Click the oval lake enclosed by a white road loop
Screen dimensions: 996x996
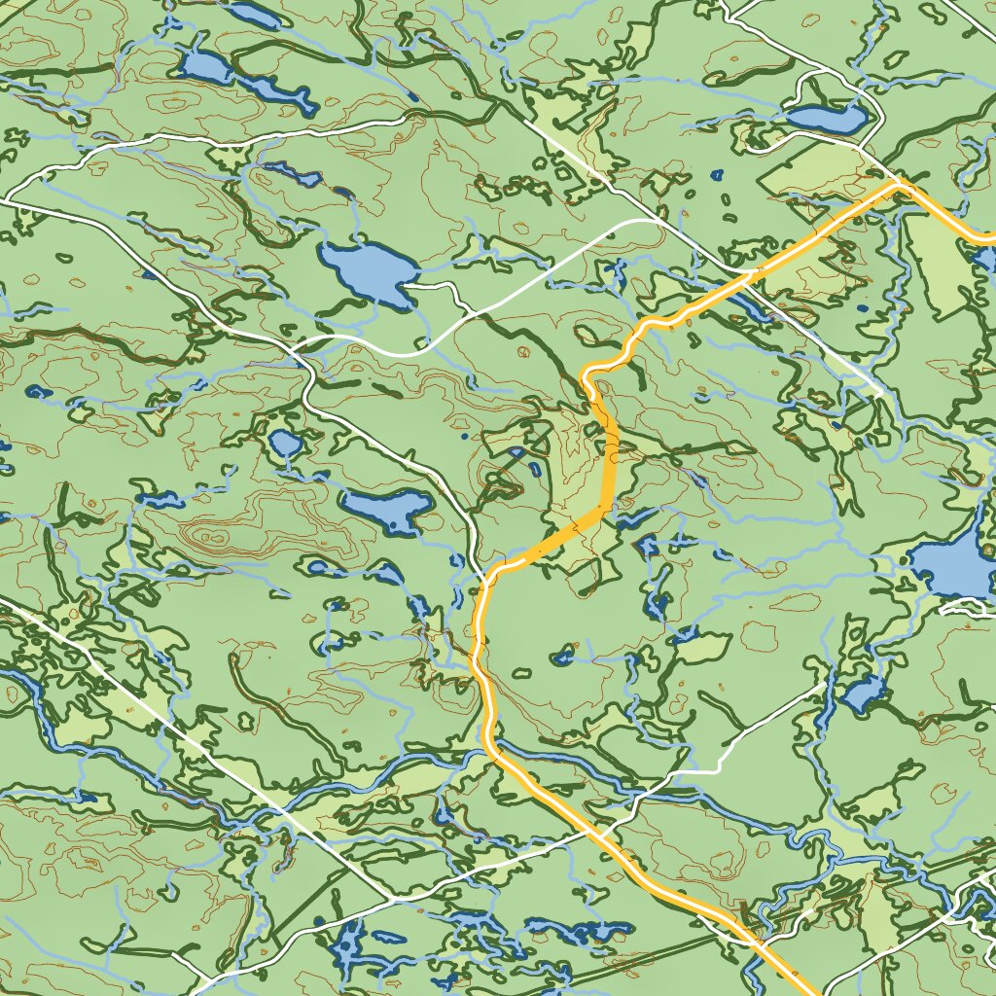(827, 119)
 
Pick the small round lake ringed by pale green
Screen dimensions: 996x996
(285, 444)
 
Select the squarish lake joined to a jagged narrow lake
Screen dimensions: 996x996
(203, 68)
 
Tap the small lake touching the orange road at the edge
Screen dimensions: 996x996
(984, 259)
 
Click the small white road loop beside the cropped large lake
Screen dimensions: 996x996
(969, 607)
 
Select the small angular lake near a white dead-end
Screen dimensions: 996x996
(860, 693)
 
